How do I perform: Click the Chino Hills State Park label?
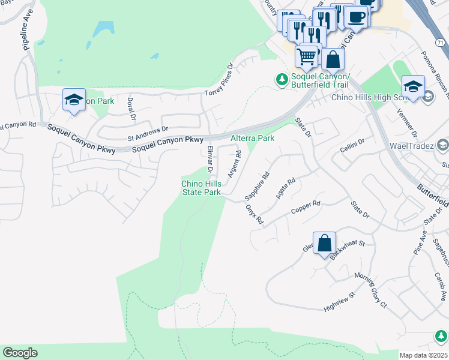[x=201, y=188]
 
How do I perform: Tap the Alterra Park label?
[x=253, y=138]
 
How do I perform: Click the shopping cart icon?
[x=307, y=57]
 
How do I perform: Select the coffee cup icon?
[x=356, y=17]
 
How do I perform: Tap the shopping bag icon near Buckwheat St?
[x=324, y=244]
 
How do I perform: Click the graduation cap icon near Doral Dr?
[x=73, y=100]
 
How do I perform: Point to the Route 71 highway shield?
[x=440, y=42]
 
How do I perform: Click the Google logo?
[x=20, y=353]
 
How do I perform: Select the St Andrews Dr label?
[x=148, y=133]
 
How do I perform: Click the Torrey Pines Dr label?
[x=218, y=80]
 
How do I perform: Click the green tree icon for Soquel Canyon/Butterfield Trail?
[x=282, y=79]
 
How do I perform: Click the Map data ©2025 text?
[x=423, y=355]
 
